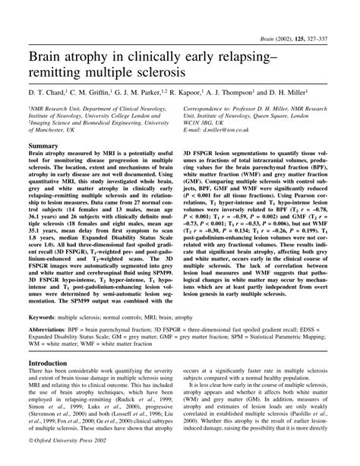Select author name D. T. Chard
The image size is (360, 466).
46,91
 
